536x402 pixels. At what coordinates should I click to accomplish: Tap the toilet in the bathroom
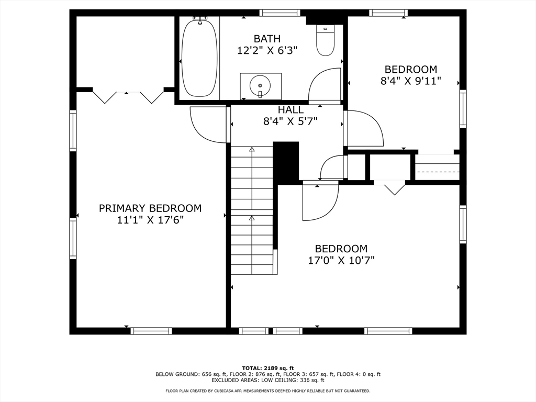tap(325, 40)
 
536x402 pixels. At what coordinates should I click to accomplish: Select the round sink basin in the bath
tap(260, 84)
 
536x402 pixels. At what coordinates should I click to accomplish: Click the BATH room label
tap(267, 39)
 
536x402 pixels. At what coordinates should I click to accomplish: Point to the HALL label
tap(291, 110)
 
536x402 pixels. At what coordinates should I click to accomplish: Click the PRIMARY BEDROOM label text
tap(150, 208)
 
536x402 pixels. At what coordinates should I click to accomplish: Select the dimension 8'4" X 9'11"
tap(410, 81)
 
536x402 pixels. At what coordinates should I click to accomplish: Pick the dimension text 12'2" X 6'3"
tap(267, 51)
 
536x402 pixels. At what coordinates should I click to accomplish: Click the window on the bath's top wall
tap(280, 13)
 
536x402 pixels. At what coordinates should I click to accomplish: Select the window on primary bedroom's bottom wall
tap(151, 331)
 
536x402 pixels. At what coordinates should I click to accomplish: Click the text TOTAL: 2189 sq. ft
tap(268, 368)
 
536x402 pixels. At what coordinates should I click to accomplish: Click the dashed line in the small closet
tap(438, 171)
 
